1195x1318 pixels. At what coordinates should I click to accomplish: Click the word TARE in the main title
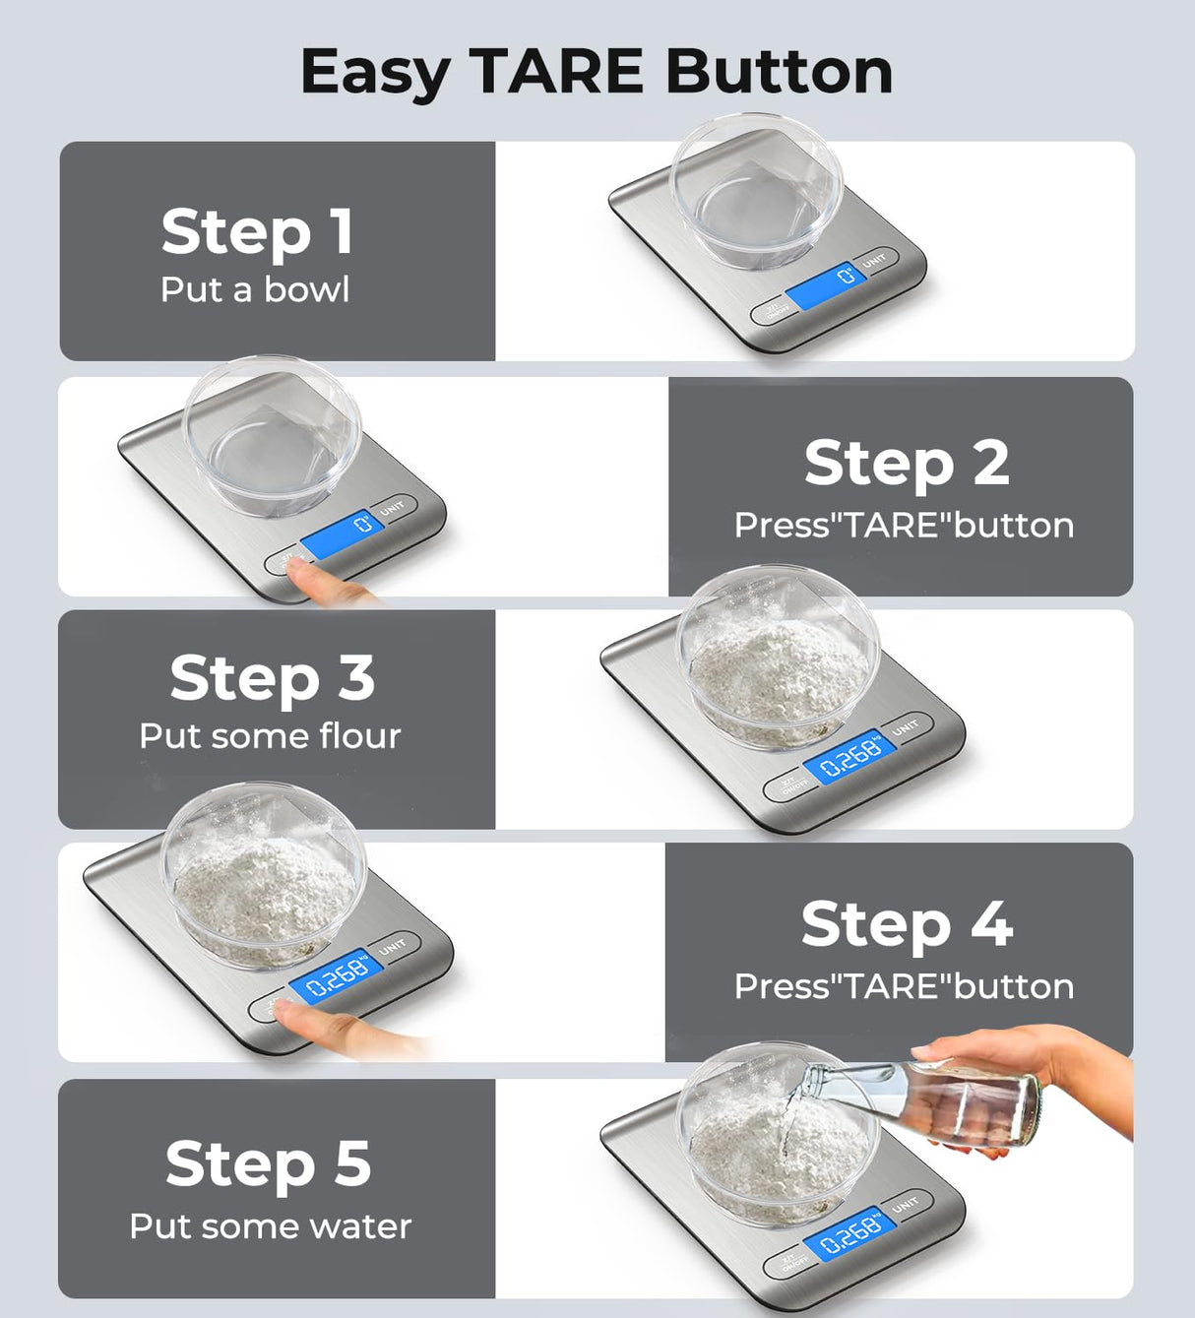[x=557, y=72]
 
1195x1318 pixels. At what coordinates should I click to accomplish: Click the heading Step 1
[x=257, y=232]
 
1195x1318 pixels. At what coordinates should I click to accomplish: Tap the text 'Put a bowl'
[x=255, y=290]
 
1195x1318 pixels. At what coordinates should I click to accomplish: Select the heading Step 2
[x=906, y=463]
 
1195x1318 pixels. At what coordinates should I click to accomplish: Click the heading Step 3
[x=272, y=678]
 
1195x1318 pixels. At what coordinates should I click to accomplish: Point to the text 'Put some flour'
[x=270, y=736]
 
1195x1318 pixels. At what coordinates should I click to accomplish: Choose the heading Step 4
[x=906, y=924]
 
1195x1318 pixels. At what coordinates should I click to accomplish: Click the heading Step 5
[x=268, y=1163]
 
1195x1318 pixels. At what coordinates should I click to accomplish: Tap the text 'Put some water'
[x=270, y=1226]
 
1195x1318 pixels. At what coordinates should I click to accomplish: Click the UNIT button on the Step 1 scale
[x=874, y=261]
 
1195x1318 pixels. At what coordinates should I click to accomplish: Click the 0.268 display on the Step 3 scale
[x=849, y=757]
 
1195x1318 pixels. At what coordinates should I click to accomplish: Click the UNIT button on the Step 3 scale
[x=906, y=727]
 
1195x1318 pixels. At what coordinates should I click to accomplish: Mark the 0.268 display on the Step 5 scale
[x=849, y=1232]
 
